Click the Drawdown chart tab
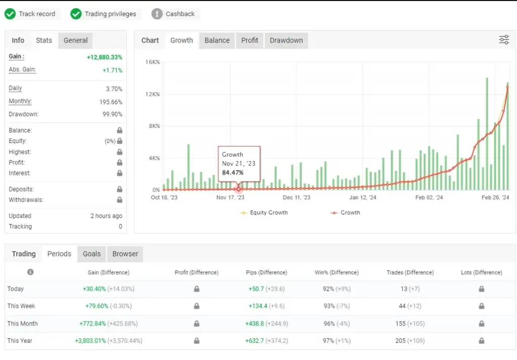[286, 40]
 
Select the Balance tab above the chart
[217, 40]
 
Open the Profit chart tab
[250, 40]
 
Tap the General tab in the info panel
[75, 40]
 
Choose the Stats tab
[44, 40]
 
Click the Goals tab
[91, 254]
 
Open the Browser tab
[125, 254]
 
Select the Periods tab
[59, 254]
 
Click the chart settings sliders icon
[504, 40]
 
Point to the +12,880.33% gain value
[105, 57]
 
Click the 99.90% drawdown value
[112, 114]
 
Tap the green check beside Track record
[10, 14]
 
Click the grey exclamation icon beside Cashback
[157, 14]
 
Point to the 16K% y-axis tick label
[153, 62]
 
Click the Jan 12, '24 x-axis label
[362, 198]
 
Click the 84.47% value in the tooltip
[232, 172]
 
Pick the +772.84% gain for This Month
[92, 324]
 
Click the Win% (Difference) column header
[337, 273]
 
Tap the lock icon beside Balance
[120, 130]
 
